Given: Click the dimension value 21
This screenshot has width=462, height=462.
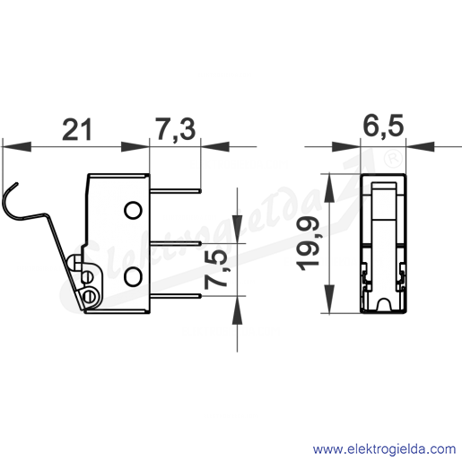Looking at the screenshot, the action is click(x=76, y=129).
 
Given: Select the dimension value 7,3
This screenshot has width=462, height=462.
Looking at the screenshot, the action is click(x=175, y=129).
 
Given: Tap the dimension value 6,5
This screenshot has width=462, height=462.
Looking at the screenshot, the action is click(x=383, y=126).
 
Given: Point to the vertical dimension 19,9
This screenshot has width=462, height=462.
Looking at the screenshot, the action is click(x=307, y=243).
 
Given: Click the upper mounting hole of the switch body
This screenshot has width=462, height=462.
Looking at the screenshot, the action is click(x=133, y=211).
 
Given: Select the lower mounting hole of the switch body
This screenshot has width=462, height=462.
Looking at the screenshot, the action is click(x=133, y=276).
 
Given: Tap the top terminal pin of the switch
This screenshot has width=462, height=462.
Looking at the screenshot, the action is click(x=175, y=191).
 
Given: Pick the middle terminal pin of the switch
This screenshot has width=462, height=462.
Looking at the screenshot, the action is click(x=175, y=244).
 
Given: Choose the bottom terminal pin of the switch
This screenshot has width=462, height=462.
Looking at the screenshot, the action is click(x=175, y=296).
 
